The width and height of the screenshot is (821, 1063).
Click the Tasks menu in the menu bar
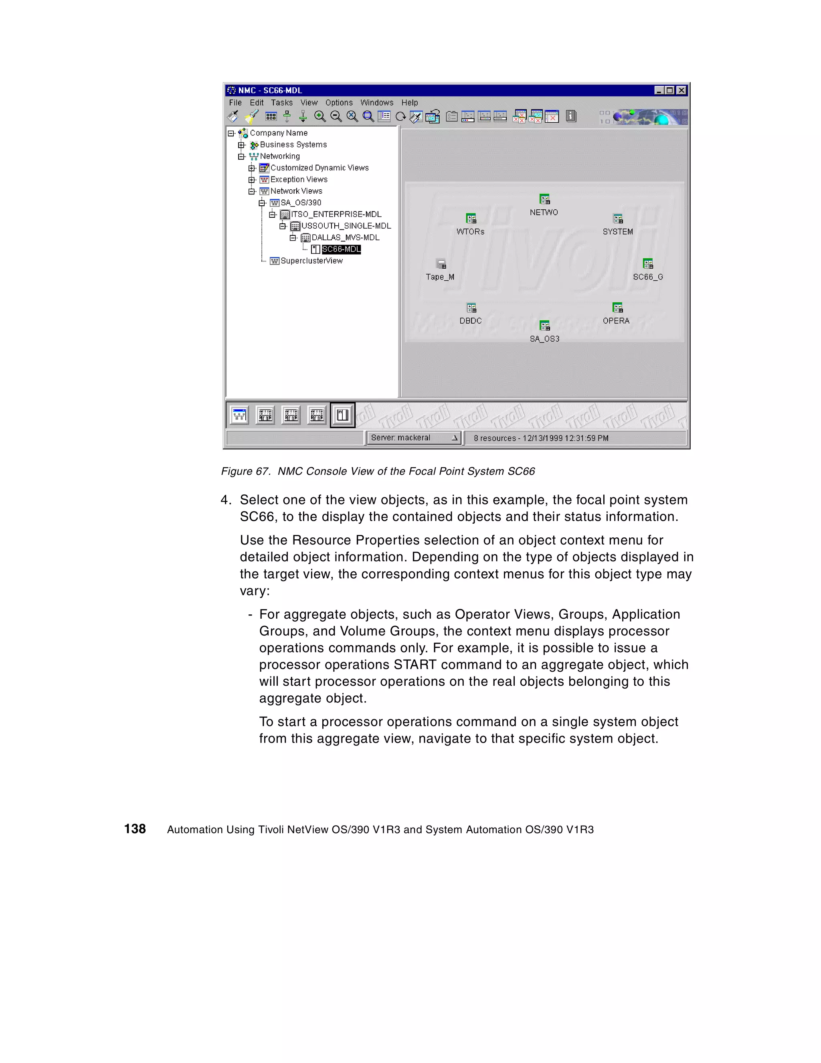[x=281, y=103]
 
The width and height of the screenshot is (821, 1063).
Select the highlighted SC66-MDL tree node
[x=341, y=249]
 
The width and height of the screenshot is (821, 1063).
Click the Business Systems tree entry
[x=293, y=145]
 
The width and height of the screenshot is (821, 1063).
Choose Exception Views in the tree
[x=298, y=180]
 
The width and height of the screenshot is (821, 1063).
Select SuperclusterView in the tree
[x=311, y=261]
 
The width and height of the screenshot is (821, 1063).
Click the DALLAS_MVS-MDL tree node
[x=345, y=237]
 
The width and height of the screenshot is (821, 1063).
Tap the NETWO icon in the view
[x=544, y=199]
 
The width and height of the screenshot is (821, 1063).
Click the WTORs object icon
[x=471, y=219]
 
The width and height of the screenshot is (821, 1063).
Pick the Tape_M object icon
[x=441, y=264]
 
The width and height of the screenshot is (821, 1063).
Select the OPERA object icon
[x=617, y=308]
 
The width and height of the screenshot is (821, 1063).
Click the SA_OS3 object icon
[x=544, y=326]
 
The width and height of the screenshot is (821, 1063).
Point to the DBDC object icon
[x=471, y=308]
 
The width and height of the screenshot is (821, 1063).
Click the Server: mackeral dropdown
[x=414, y=437]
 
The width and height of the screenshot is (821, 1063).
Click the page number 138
[x=135, y=829]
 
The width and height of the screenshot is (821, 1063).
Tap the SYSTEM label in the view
[x=618, y=232]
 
